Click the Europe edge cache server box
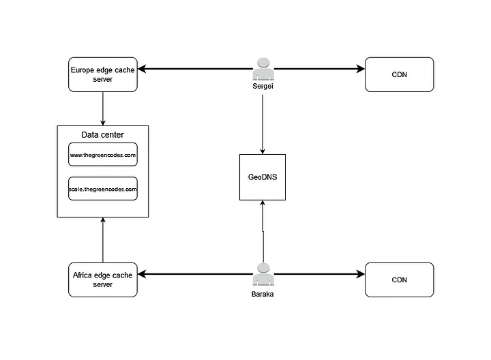pyautogui.click(x=102, y=74)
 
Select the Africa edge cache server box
pyautogui.click(x=102, y=280)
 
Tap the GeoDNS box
pyautogui.click(x=263, y=177)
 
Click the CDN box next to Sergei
pyautogui.click(x=399, y=74)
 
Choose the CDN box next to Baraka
pyautogui.click(x=399, y=280)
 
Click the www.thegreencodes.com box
pyautogui.click(x=102, y=155)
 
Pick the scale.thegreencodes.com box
pyautogui.click(x=102, y=189)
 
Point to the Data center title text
pyautogui.click(x=102, y=135)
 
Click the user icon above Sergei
pyautogui.click(x=263, y=70)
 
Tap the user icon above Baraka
pyautogui.click(x=263, y=274)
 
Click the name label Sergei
pyautogui.click(x=263, y=88)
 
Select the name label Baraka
pyautogui.click(x=263, y=294)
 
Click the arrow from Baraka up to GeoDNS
pyautogui.click(x=263, y=232)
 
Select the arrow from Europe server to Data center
pyautogui.click(x=102, y=108)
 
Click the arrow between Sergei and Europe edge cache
pyautogui.click(x=194, y=69)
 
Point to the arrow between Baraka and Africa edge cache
pyautogui.click(x=194, y=274)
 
